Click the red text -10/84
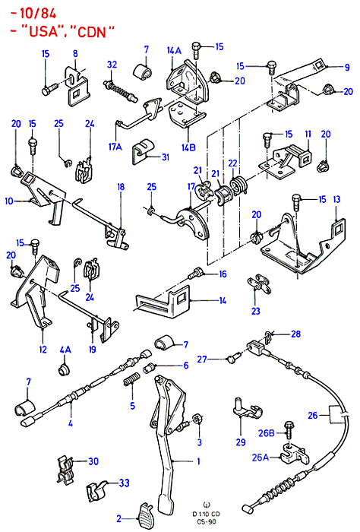pos(33,14)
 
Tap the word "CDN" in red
pos(91,32)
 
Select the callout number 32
pos(112,65)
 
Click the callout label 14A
pos(174,51)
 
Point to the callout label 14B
pos(188,147)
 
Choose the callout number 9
pos(347,67)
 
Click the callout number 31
pos(165,157)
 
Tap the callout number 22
pos(232,163)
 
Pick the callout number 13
pos(336,199)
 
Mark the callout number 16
pos(223,274)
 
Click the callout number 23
pos(256,311)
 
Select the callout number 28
pos(296,334)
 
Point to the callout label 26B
pos(266,433)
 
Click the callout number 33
pos(124,483)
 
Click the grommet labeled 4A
pos(63,369)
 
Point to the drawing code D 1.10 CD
pos(207,514)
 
